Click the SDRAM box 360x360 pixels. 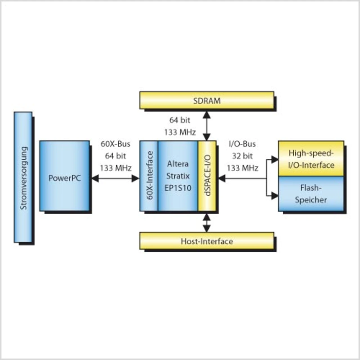(x=207, y=100)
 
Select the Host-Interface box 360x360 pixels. (x=207, y=241)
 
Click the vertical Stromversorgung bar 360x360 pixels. (x=23, y=177)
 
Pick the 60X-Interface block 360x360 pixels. (x=149, y=176)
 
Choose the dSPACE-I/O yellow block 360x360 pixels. (x=207, y=176)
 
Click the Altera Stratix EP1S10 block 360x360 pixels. (x=178, y=176)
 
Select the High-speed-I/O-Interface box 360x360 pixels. (x=311, y=159)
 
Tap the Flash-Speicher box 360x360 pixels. (x=311, y=193)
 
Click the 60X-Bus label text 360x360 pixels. (x=115, y=144)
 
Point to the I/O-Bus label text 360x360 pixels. (x=242, y=144)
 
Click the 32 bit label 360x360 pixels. (x=242, y=156)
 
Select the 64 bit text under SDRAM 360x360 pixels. (x=180, y=120)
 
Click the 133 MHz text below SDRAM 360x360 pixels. (x=180, y=132)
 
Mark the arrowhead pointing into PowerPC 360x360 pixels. (x=95, y=178)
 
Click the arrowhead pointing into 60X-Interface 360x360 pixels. (x=136, y=178)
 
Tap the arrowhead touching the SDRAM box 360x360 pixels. (x=207, y=114)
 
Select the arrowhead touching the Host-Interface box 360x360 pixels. (x=207, y=229)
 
